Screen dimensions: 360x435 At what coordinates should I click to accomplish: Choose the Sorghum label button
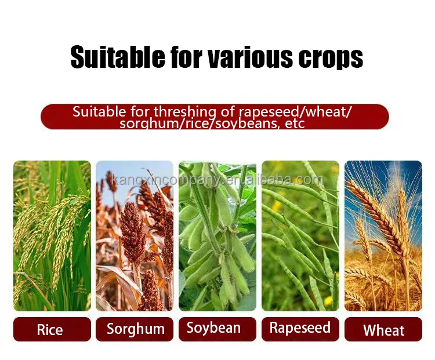point(135,329)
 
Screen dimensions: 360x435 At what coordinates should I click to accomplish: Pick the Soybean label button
point(217,329)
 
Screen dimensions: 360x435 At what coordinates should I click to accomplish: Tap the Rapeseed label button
point(300,329)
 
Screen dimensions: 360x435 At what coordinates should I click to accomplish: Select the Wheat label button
point(383,330)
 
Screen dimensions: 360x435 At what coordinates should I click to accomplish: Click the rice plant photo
point(52,235)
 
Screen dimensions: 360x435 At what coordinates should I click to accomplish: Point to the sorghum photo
point(135,235)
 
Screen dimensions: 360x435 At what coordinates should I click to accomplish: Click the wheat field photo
point(383,243)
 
